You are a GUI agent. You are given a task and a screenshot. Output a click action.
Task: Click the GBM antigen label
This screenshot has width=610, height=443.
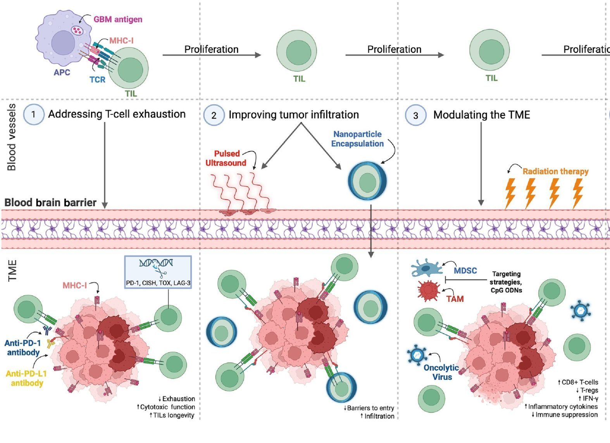coord(118,19)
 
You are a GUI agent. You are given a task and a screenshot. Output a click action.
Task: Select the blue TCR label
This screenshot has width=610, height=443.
coord(97,79)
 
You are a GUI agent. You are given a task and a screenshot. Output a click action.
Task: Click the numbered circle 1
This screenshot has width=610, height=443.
coord(33,114)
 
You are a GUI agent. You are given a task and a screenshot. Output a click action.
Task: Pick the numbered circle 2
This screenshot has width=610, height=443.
coord(214,115)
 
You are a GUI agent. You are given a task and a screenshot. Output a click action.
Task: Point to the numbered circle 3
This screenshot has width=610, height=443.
coord(415,115)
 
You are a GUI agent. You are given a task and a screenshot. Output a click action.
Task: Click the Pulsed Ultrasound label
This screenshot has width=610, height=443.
coord(226,158)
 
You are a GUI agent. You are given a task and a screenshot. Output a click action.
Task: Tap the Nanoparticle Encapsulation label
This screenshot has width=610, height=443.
coord(357,139)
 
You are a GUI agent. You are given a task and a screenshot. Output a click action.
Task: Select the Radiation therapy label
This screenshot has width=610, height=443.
coord(555,171)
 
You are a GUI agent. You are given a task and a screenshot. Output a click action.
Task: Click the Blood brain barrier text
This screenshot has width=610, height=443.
coord(50,202)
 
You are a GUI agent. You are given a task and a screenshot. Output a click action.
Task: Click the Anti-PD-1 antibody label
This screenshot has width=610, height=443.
coord(23,348)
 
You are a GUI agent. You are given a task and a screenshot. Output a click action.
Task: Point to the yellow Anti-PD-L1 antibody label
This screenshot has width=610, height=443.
coord(26,378)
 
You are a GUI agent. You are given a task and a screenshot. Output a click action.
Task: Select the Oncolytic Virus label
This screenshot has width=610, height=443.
coord(441,372)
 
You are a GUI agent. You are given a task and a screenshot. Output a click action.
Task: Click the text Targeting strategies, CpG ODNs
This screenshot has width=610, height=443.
coord(506,282)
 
